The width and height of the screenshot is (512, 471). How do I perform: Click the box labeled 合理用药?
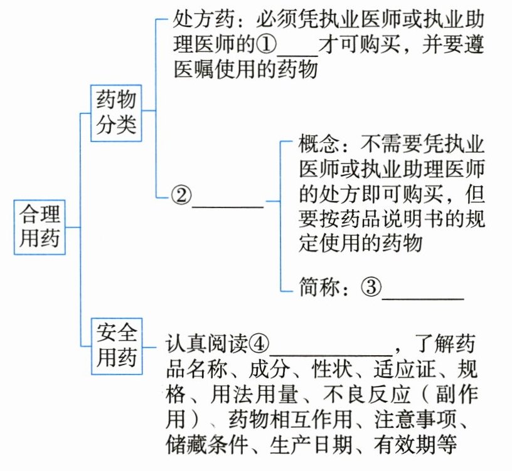point(40,227)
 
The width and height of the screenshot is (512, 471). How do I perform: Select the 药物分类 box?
point(116,111)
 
